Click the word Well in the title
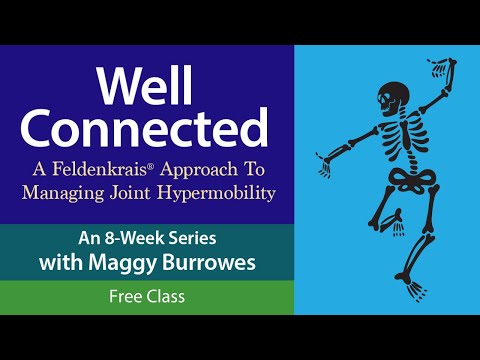[147, 88]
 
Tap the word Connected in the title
[147, 128]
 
